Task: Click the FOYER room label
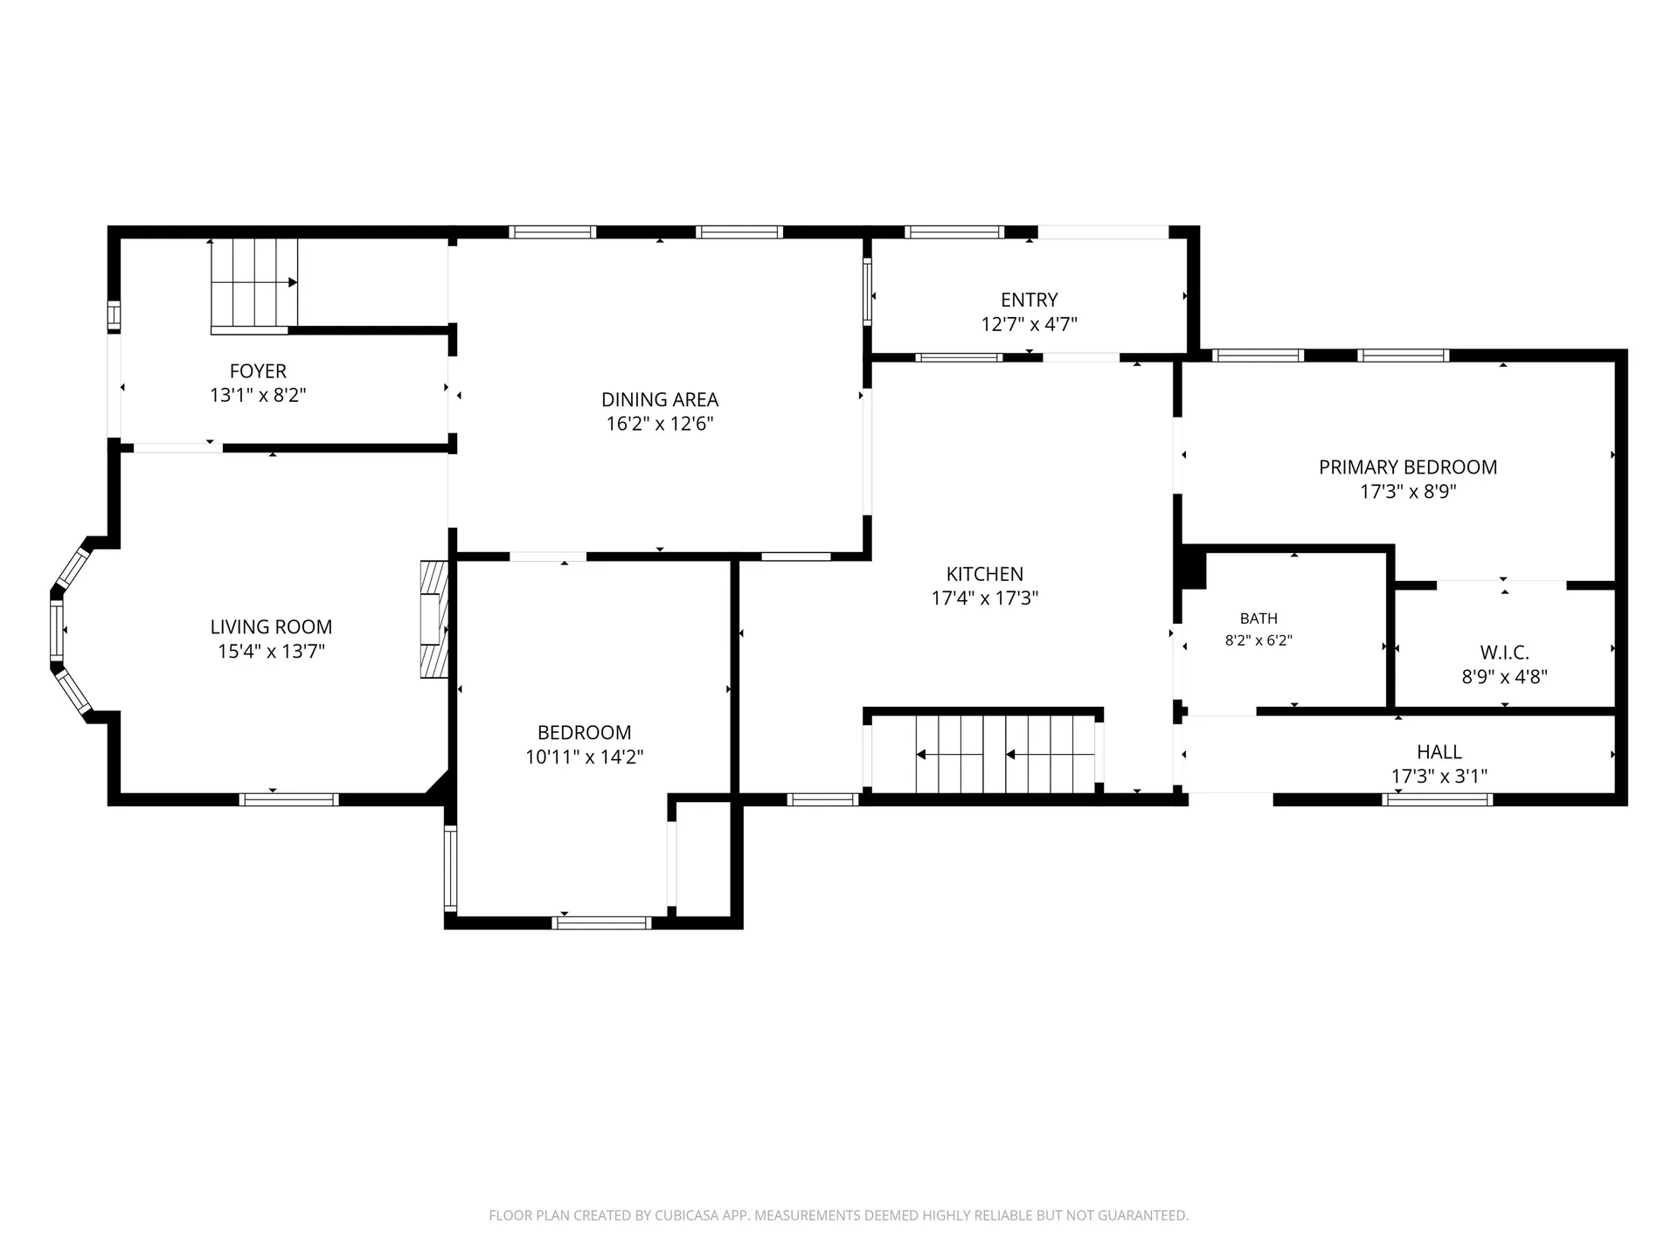[258, 371]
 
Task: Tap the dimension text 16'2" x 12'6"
[660, 424]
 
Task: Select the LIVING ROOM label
[271, 626]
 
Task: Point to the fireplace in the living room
[434, 619]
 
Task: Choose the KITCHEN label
[985, 574]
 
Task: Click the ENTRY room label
[1030, 300]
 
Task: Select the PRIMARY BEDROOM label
[1408, 467]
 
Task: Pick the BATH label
[1258, 619]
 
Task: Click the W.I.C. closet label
[1505, 653]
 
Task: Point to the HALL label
[1439, 751]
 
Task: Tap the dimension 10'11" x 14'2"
[584, 757]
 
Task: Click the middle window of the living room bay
[58, 630]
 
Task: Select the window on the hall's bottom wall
[1438, 798]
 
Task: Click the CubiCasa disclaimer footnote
[839, 1215]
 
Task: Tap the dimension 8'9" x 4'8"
[1505, 677]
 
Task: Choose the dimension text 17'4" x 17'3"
[985, 598]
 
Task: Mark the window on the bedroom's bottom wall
[601, 923]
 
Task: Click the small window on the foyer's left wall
[114, 315]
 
